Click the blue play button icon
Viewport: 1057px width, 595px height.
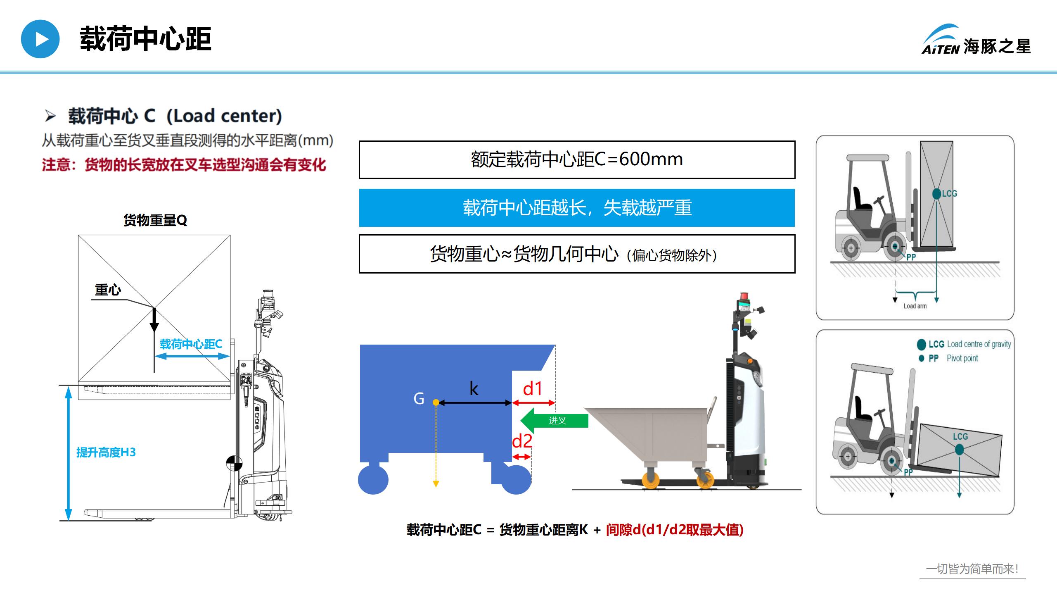40,39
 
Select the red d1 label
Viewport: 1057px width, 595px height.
533,389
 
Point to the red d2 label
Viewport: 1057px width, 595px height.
522,441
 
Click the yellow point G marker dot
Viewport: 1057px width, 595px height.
436,402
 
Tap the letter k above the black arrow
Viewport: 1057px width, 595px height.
474,389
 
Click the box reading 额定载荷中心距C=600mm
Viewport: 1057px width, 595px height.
577,159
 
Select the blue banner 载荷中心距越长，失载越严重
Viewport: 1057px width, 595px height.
577,208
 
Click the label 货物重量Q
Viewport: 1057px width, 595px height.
155,220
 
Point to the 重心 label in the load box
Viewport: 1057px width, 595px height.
108,290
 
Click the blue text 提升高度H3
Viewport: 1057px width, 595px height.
106,452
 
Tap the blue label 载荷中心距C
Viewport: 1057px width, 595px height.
191,344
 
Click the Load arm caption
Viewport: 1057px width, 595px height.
915,306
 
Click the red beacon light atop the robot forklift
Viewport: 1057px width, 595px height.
744,296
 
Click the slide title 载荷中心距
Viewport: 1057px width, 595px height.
145,39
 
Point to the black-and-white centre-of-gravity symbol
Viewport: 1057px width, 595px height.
234,463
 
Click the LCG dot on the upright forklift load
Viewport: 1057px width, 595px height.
937,193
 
